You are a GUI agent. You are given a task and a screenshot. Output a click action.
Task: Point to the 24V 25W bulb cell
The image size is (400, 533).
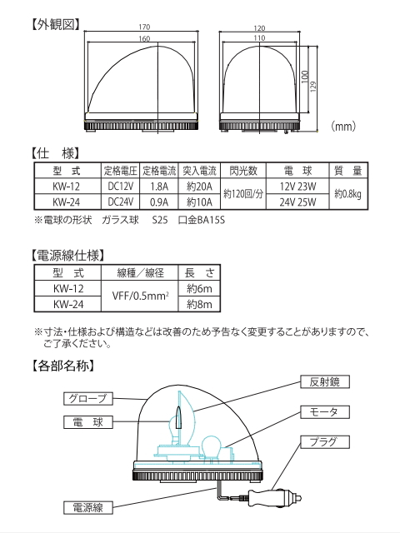point(295,201)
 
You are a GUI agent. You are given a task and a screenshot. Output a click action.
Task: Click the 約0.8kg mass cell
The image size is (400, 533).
point(346,193)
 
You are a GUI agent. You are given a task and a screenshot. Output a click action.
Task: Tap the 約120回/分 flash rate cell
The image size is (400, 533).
point(244,193)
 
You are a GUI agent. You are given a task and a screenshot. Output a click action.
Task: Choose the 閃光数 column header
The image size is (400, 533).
point(244,171)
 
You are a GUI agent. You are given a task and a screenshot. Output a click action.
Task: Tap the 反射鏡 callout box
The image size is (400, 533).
point(323,381)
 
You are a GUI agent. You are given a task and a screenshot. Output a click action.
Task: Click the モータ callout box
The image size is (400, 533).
point(323,412)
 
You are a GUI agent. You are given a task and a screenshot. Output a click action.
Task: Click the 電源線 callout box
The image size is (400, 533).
point(87,506)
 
